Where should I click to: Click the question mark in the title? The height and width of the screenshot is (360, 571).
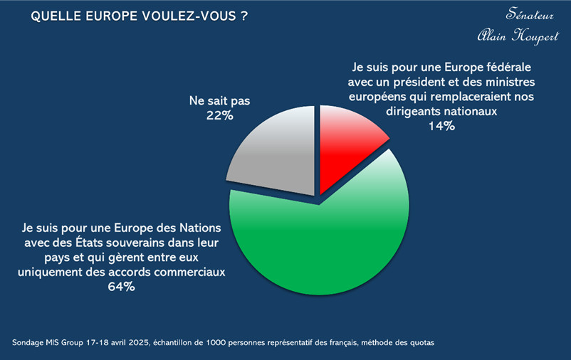pos(243,16)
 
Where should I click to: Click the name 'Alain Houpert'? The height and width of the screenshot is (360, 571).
pos(518,36)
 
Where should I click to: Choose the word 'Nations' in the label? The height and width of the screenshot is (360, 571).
pos(201,228)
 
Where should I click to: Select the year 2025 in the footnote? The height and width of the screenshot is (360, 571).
pos(140,342)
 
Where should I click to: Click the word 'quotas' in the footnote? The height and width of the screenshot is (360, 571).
pos(419,342)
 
